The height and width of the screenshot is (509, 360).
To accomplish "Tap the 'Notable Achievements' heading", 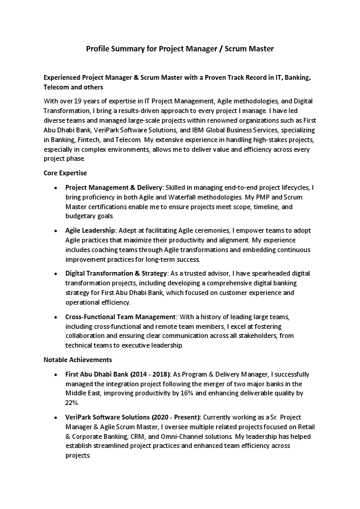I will click(x=73, y=360).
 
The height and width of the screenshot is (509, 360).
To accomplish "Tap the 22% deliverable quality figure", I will click(x=71, y=402).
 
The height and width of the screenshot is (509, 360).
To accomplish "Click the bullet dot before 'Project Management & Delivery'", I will click(x=56, y=188).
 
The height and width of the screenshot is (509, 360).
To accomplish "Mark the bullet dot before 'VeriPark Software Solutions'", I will click(x=56, y=418).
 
